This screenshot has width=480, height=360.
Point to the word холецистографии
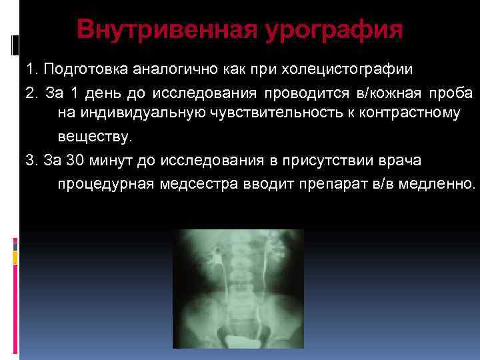click(x=353, y=69)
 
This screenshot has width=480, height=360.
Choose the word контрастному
click(x=409, y=115)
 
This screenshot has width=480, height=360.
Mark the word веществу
click(x=95, y=137)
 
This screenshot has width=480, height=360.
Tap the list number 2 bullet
click(x=31, y=92)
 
